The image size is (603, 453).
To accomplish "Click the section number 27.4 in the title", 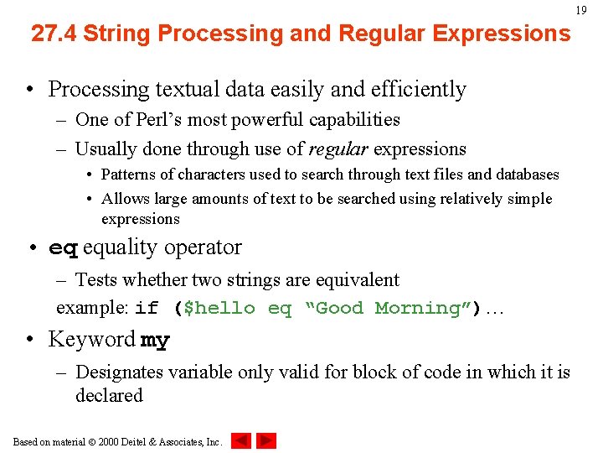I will [54, 34].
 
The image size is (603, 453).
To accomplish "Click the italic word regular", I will [338, 149].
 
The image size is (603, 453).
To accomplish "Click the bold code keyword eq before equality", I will [63, 248].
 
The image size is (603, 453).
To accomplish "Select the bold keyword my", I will [155, 341].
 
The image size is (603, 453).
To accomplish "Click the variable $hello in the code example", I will [219, 309].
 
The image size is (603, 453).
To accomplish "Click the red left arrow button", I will [241, 440].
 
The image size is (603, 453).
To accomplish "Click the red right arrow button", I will [266, 440].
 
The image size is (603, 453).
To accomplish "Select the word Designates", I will [116, 372].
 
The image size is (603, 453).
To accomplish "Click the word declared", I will [109, 395].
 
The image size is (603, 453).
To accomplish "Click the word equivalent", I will [359, 279].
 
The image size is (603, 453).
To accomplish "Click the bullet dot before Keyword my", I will [31, 340].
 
